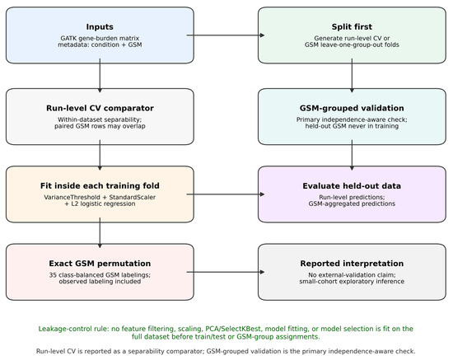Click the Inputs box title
point(100,27)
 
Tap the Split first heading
point(352,27)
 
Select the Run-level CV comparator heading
point(100,108)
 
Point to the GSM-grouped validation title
point(352,108)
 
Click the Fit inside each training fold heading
point(100,186)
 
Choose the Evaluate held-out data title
point(352,186)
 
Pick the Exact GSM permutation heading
point(100,264)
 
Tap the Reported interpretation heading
point(352,264)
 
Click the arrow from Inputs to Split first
point(226,35)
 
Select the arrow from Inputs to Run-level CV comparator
point(100,76)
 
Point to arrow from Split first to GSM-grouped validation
point(352,76)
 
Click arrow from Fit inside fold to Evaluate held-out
point(226,194)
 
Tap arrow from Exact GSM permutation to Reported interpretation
point(226,272)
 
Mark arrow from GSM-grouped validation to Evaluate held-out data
point(352,155)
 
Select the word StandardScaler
point(133,198)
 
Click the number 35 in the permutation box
point(52,275)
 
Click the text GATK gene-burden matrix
point(100,38)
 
